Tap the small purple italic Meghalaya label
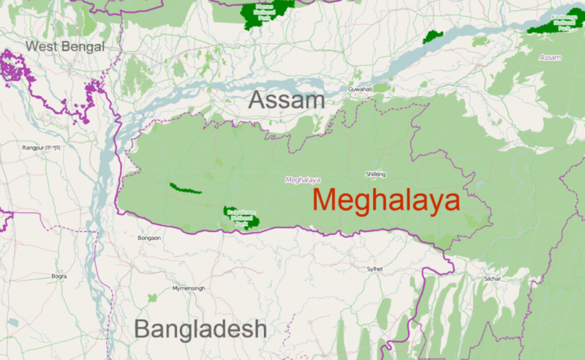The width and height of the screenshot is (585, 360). pos(302,179)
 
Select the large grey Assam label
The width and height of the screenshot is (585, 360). pos(286,101)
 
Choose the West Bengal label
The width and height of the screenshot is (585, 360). pos(65,47)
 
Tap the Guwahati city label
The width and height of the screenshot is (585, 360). pos(361,89)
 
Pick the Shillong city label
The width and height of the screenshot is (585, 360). pos(375,174)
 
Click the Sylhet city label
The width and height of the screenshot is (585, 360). pos(375,269)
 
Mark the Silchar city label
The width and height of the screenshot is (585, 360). pos(492,279)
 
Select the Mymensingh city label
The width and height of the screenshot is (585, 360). pos(189,289)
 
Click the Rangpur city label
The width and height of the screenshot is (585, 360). pos(41,147)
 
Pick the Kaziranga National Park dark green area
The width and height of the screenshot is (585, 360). pos(552,26)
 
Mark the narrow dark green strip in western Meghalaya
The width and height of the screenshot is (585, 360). pos(185,188)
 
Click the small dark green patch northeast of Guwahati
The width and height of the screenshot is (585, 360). pos(433,36)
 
